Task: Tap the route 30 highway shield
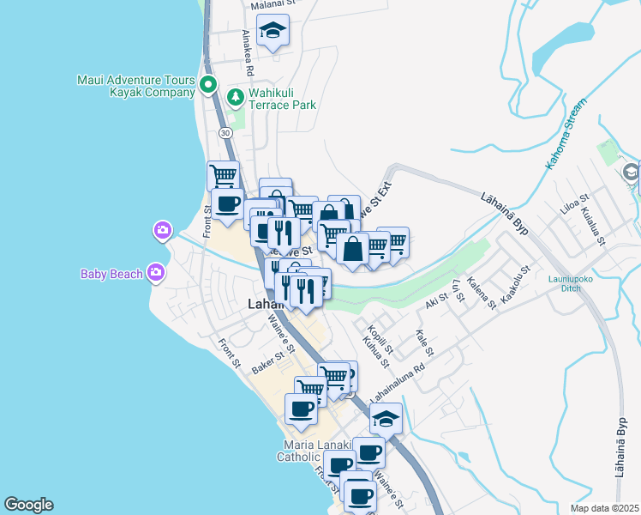[225, 133]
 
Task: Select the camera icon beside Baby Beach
[155, 273]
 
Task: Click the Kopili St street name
[379, 337]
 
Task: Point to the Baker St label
[268, 364]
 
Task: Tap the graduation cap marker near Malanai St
[273, 32]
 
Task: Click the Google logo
[28, 505]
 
